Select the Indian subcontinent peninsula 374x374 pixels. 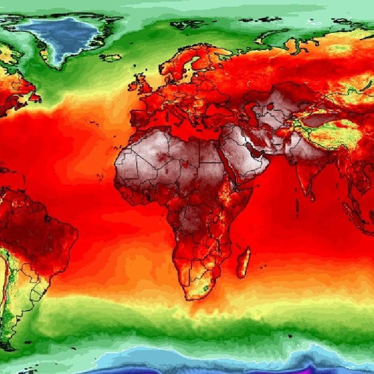(x=304, y=175)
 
